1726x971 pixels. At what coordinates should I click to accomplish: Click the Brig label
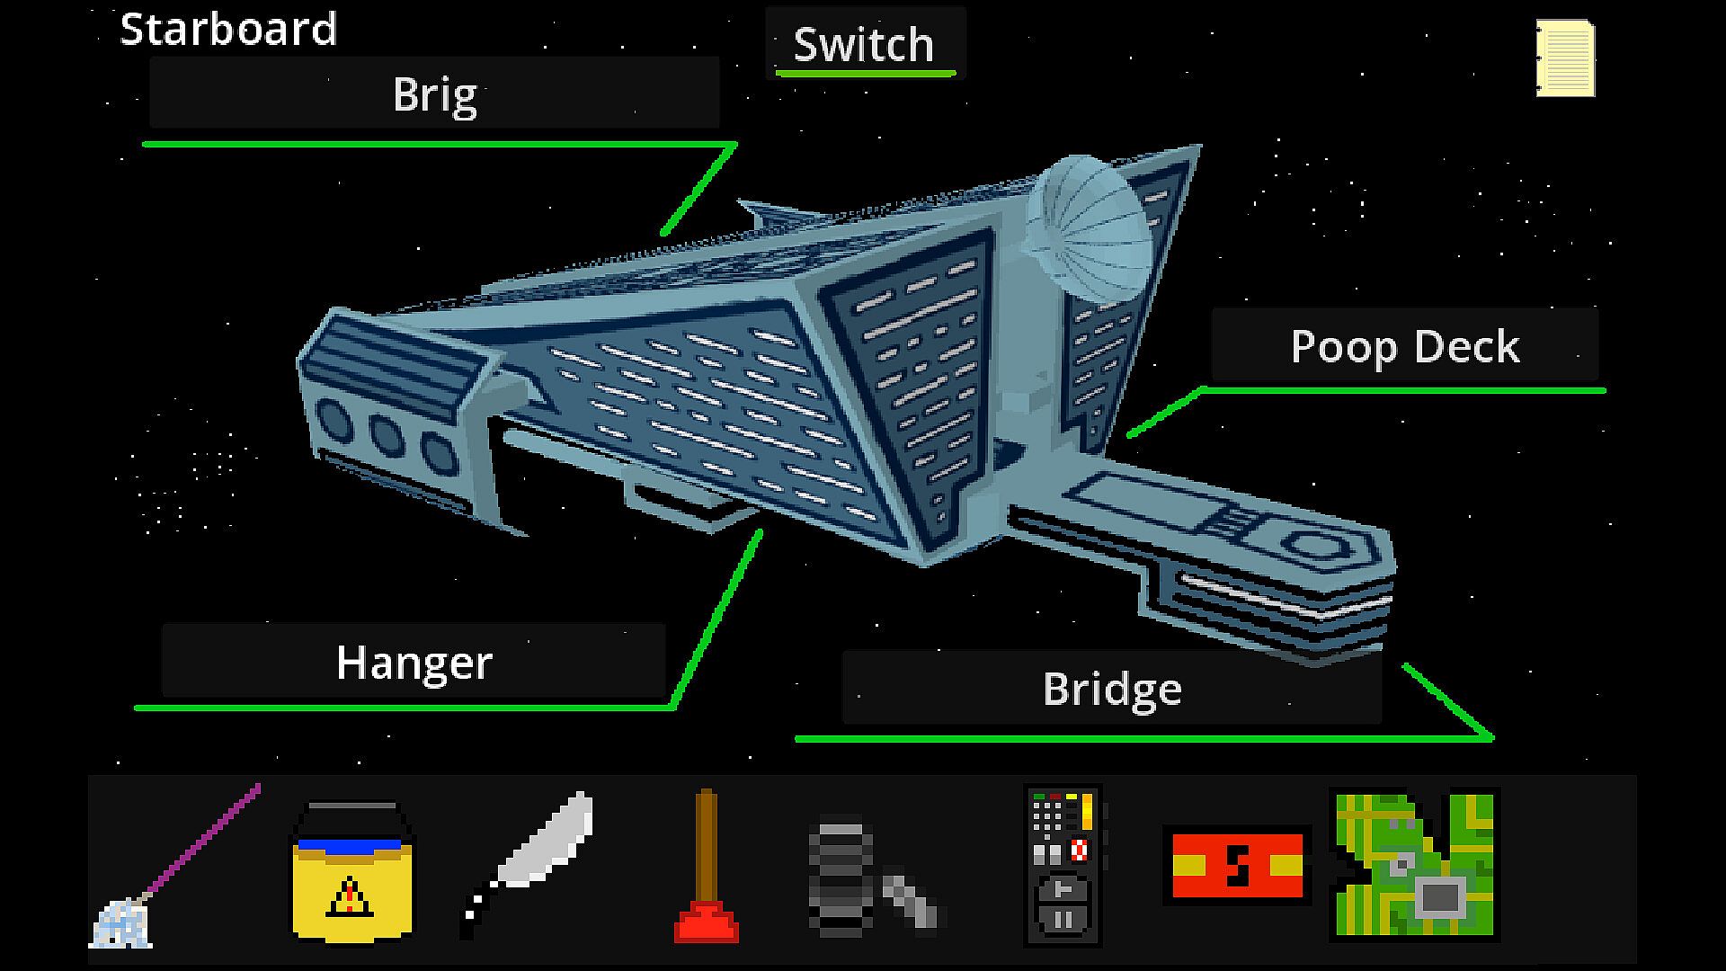434,94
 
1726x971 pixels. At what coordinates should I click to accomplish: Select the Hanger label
414,663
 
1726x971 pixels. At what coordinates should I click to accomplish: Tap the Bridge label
1112,689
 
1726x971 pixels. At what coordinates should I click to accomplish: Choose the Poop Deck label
1404,347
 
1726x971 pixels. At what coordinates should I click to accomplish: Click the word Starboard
228,29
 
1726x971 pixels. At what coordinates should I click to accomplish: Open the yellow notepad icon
1565,59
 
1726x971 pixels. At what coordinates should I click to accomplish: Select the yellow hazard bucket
351,872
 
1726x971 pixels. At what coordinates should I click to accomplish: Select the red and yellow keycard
1237,865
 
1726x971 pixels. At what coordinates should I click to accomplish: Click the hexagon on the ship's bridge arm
1316,546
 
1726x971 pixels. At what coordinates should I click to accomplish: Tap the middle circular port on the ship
387,435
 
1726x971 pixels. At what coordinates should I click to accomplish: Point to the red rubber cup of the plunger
707,923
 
